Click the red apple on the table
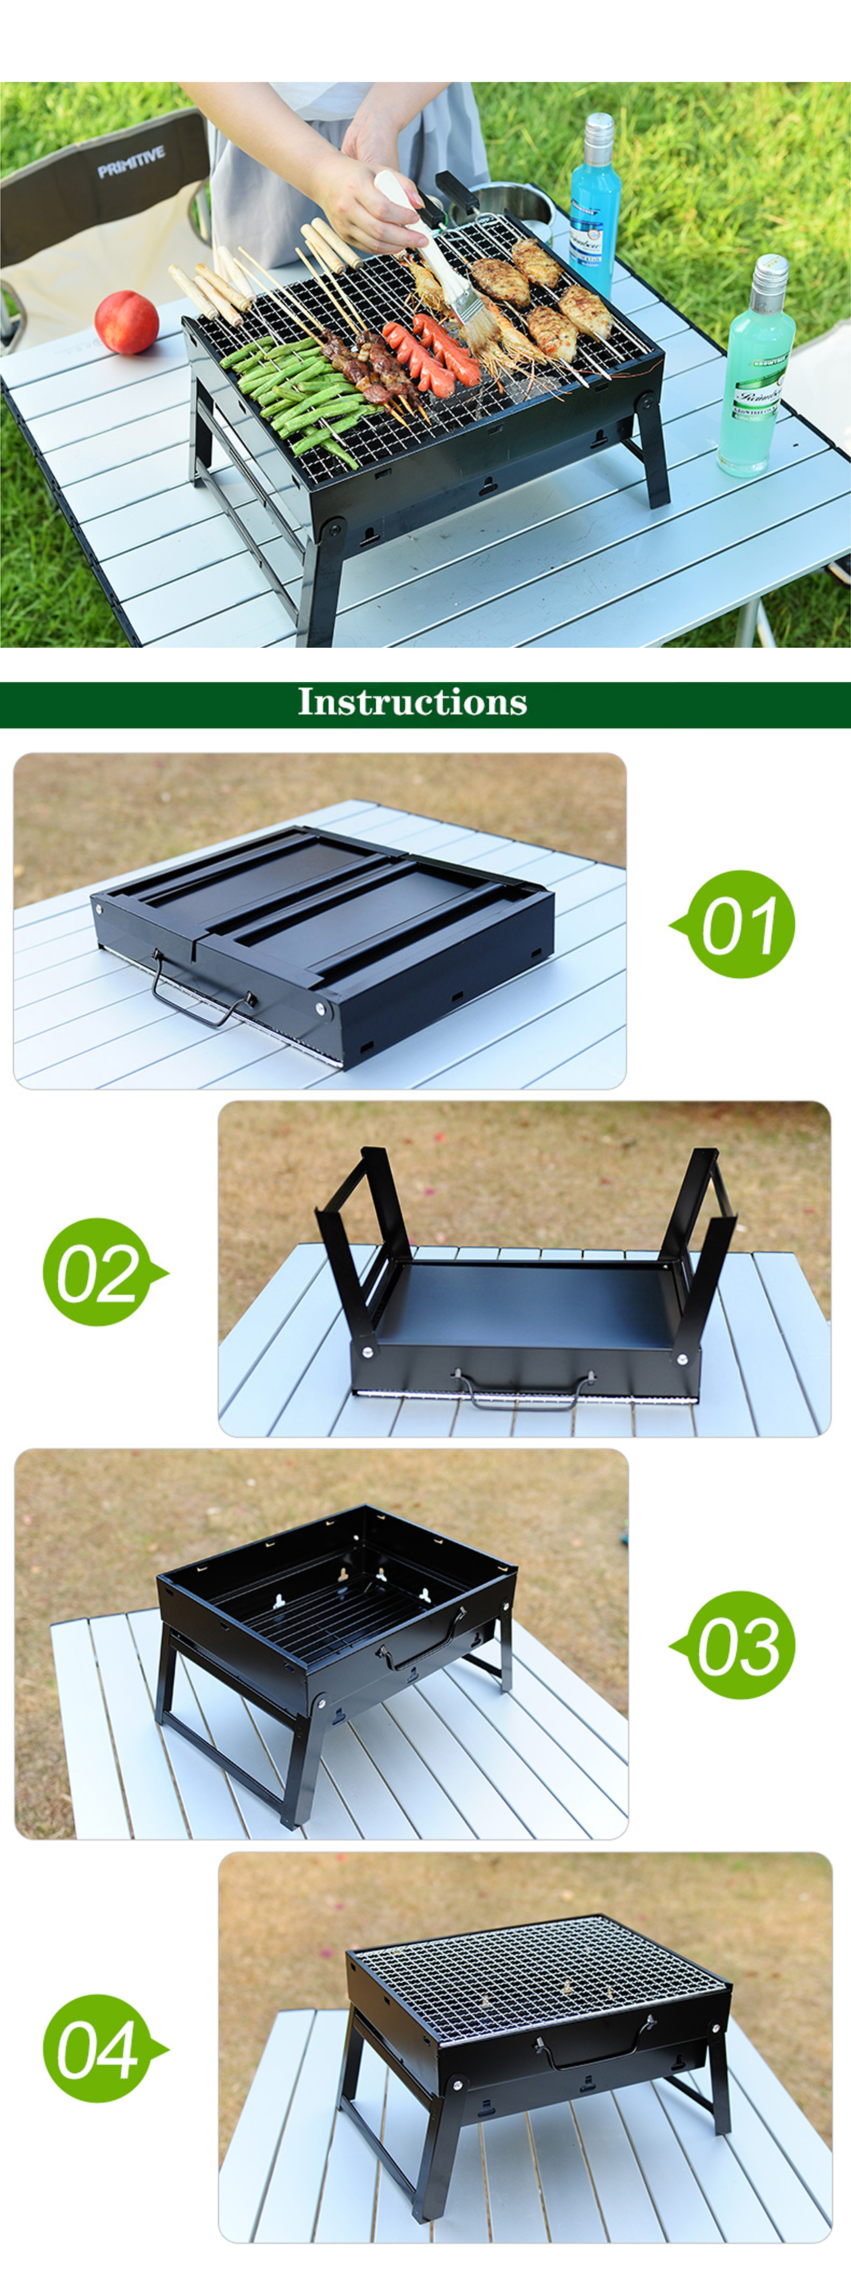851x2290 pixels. (126, 322)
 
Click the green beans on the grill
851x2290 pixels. (293, 391)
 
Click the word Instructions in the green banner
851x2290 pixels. (412, 702)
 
